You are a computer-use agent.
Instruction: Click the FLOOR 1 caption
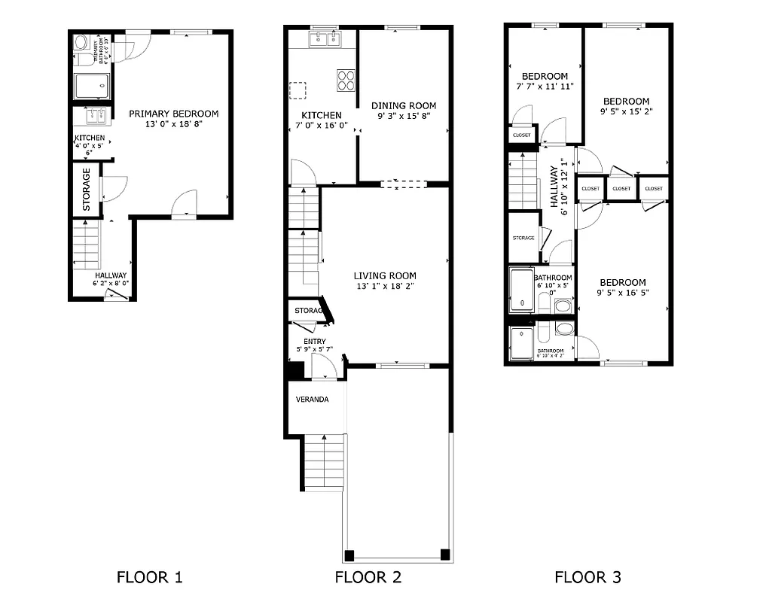click(x=149, y=578)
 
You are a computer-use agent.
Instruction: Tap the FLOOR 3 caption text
click(x=588, y=578)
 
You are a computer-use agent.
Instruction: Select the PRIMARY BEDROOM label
click(x=173, y=114)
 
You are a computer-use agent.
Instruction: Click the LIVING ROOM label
click(x=385, y=275)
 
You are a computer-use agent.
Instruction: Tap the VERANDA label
click(x=312, y=400)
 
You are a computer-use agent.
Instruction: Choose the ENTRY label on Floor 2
click(x=315, y=342)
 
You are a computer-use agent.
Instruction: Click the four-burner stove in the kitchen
click(x=346, y=80)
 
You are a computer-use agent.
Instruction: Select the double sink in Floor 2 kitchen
click(x=325, y=38)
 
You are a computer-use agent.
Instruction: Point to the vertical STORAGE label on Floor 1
click(x=86, y=189)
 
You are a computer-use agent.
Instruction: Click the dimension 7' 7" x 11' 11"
click(x=545, y=87)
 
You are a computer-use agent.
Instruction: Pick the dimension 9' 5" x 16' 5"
click(x=622, y=293)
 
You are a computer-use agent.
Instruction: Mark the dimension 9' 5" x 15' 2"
click(x=626, y=112)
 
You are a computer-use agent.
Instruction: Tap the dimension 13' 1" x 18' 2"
click(x=385, y=286)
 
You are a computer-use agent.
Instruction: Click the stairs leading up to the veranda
click(x=324, y=462)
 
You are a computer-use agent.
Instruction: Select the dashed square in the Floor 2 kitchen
click(x=298, y=90)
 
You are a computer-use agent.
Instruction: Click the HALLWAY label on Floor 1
click(x=111, y=275)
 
